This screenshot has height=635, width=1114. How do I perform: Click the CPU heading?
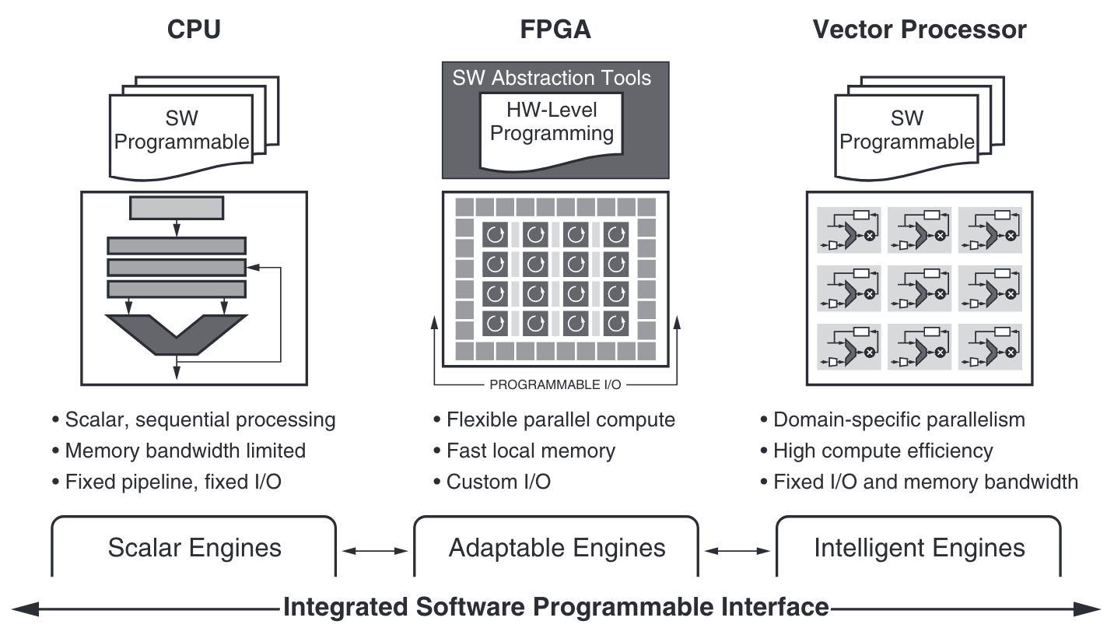tap(194, 30)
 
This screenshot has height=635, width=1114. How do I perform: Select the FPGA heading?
tap(555, 30)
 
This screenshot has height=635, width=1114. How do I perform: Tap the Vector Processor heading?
tap(920, 30)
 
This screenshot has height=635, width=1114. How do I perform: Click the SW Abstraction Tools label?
tap(552, 78)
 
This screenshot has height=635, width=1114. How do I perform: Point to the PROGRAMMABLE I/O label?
tap(555, 384)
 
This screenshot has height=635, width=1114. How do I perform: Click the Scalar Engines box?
tap(194, 548)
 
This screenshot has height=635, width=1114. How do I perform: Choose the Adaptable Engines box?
tap(557, 548)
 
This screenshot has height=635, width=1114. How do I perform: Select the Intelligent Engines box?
tap(919, 548)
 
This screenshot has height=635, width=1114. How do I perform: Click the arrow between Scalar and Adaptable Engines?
tap(375, 550)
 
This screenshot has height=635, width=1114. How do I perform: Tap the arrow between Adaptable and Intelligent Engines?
tap(737, 550)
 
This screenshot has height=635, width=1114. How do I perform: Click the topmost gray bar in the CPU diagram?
tap(177, 208)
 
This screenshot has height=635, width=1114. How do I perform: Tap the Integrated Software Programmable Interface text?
tap(555, 606)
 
